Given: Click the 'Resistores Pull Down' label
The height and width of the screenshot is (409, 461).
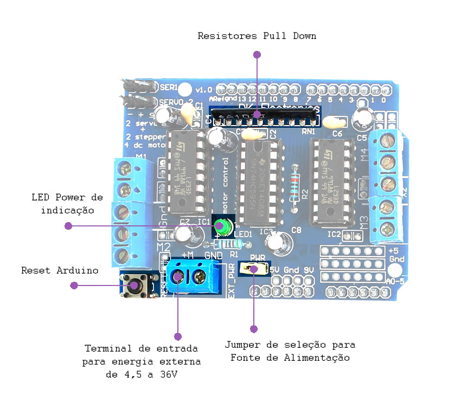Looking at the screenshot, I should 257,36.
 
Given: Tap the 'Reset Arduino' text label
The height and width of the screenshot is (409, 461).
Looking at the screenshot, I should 60,270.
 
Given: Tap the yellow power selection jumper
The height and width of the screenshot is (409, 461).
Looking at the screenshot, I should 252,268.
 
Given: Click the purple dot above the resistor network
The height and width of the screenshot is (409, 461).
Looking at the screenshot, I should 257,55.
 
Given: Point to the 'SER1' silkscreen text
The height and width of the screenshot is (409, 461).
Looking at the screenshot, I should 169,87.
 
